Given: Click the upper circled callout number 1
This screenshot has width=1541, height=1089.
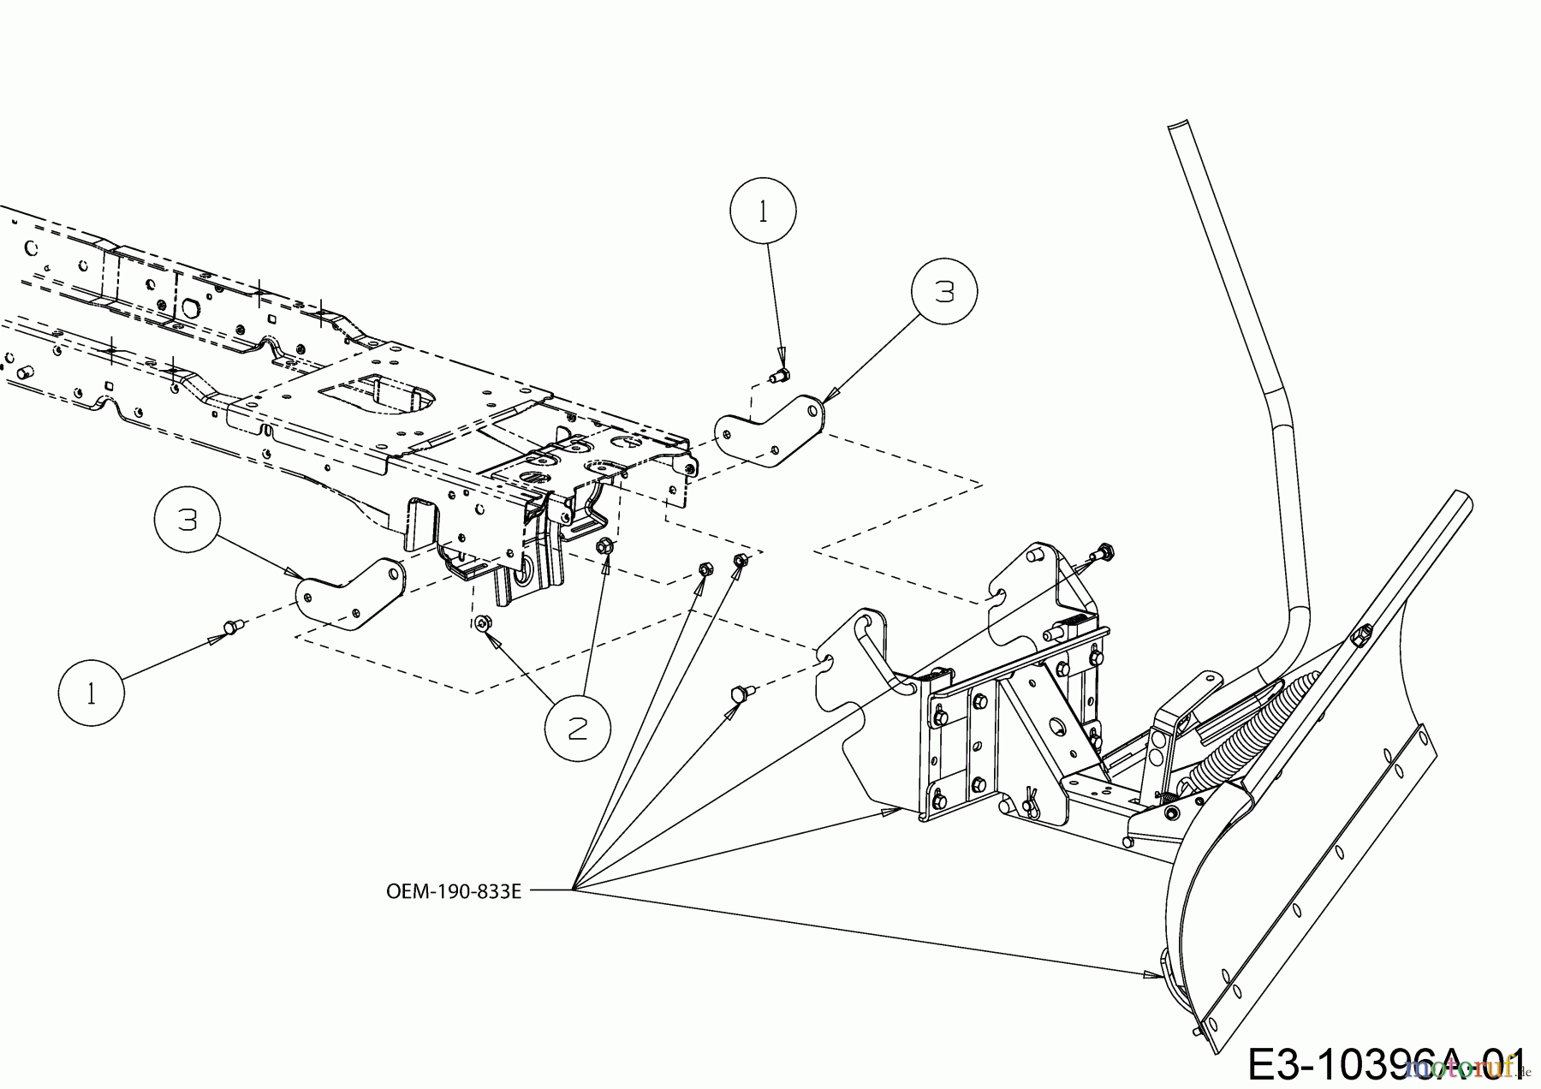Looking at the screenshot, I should pos(763,211).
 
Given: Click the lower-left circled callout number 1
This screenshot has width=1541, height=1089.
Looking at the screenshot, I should pos(92,693).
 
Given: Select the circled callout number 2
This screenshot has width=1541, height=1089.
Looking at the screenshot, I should pos(578,729).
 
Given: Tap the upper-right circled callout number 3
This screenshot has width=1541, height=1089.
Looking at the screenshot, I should pos(944,292).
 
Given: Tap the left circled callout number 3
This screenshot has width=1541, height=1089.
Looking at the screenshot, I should pos(187,520).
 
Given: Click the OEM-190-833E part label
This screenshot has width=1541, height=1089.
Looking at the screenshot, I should pos(454,891).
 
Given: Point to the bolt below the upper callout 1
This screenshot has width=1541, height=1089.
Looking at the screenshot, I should pos(781,374).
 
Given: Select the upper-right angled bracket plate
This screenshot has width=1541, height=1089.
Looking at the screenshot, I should pos(770,432).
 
